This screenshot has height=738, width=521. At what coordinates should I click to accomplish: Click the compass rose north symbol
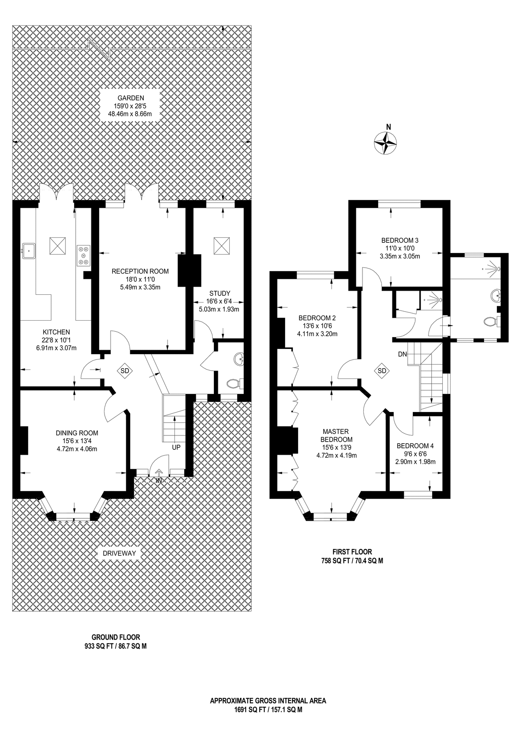pyautogui.click(x=385, y=143)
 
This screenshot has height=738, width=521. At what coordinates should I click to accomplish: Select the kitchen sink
pyautogui.click(x=29, y=251)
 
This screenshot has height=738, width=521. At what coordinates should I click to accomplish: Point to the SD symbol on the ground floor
pyautogui.click(x=125, y=371)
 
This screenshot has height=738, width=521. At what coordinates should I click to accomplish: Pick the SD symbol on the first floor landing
pyautogui.click(x=382, y=371)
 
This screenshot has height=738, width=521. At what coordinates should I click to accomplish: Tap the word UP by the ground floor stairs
pyautogui.click(x=176, y=447)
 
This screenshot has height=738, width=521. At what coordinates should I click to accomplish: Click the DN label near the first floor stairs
pyautogui.click(x=402, y=354)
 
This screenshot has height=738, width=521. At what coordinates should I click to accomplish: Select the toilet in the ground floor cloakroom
pyautogui.click(x=234, y=384)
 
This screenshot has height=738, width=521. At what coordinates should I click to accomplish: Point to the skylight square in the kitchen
pyautogui.click(x=57, y=246)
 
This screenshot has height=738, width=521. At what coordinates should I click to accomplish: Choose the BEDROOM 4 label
pyautogui.click(x=415, y=446)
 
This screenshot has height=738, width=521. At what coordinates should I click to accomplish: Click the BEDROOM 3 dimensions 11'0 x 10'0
pyautogui.click(x=400, y=248)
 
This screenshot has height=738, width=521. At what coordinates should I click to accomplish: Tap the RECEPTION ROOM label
pyautogui.click(x=140, y=271)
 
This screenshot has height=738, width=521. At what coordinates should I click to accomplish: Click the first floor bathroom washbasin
pyautogui.click(x=496, y=294)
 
